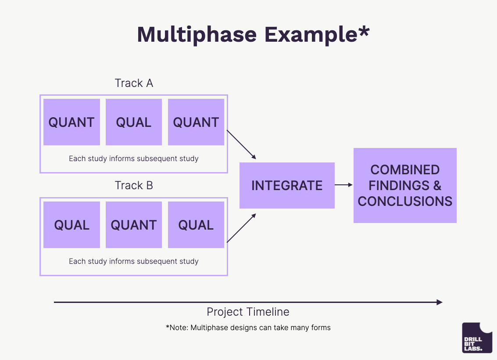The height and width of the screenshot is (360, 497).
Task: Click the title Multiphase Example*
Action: click(253, 34)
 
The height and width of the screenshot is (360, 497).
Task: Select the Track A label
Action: click(134, 83)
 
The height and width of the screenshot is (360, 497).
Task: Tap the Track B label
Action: click(134, 186)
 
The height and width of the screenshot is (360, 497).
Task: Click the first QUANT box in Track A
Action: click(72, 122)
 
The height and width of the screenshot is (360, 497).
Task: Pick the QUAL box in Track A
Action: click(134, 122)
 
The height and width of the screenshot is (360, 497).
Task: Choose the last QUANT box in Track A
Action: click(196, 122)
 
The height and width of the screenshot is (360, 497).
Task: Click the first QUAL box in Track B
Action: click(72, 225)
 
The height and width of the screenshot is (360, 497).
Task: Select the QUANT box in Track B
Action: click(134, 225)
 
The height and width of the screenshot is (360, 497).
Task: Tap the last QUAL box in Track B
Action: click(196, 225)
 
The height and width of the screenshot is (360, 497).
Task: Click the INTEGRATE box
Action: click(287, 185)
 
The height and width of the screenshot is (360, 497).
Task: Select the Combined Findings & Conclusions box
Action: click(405, 185)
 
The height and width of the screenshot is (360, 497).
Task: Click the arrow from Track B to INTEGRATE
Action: click(241, 228)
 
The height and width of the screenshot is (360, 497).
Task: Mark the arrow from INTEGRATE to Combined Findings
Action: click(344, 185)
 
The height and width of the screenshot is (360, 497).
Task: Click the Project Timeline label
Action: click(248, 312)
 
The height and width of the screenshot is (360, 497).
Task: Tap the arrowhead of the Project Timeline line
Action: click(440, 302)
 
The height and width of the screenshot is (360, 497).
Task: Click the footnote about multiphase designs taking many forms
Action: click(248, 328)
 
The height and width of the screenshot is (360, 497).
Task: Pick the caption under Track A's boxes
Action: click(134, 158)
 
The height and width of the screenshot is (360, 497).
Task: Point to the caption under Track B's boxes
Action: click(134, 261)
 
